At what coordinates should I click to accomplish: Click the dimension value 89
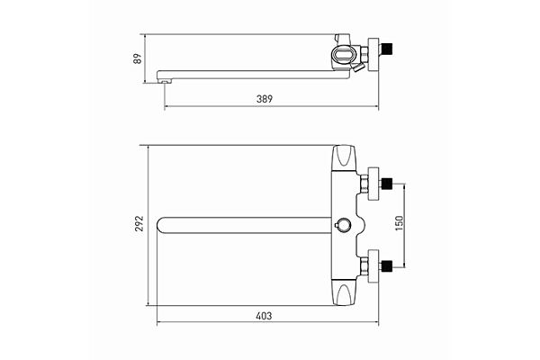[x=138, y=58]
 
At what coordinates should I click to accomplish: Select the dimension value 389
[x=265, y=99]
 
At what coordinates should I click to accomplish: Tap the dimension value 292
[x=139, y=223]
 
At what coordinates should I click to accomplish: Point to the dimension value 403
[x=264, y=316]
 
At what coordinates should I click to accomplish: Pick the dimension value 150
[x=399, y=223]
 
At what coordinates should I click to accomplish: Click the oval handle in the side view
[x=343, y=54]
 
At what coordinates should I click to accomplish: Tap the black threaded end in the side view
[x=387, y=49]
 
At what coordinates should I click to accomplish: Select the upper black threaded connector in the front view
[x=387, y=184]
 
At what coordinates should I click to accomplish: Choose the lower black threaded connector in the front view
[x=387, y=266]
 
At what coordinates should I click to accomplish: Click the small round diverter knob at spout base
[x=343, y=224]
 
